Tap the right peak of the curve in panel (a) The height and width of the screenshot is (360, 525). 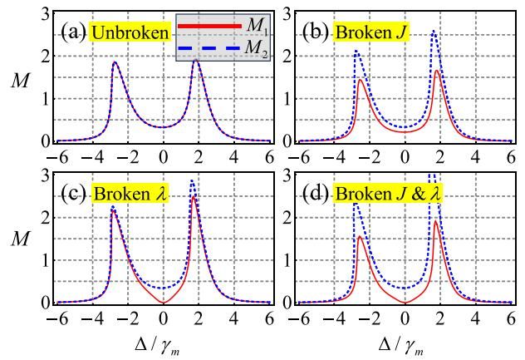[x=196, y=60]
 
